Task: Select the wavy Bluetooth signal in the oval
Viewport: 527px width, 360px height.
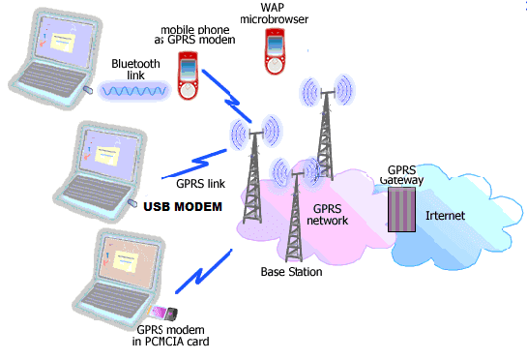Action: click(136, 90)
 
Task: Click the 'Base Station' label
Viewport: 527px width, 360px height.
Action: click(292, 272)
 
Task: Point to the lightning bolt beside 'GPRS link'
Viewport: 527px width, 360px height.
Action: click(208, 157)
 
